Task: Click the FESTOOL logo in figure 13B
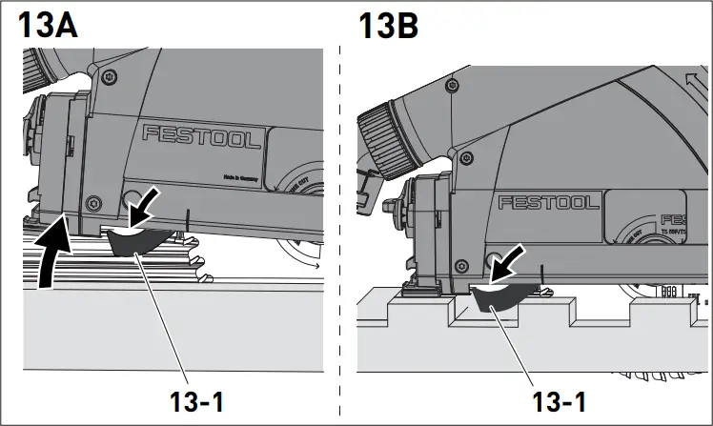(x=548, y=202)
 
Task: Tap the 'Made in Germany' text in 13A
(x=242, y=176)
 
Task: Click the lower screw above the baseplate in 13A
(x=92, y=202)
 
